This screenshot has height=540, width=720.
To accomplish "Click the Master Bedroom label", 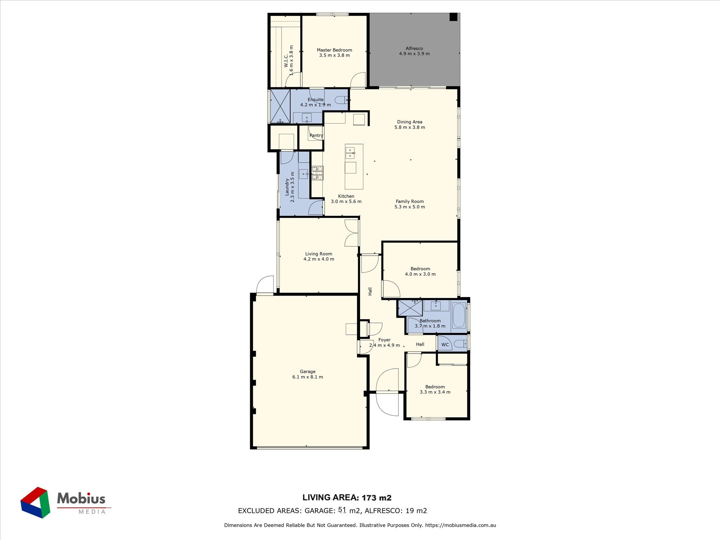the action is click(334, 50).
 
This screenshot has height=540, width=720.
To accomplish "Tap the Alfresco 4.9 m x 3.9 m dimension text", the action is click(414, 54).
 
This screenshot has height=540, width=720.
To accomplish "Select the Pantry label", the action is click(316, 135).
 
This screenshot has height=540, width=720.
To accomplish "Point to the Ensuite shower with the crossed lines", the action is click(280, 106).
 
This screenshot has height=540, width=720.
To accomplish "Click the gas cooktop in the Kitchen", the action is click(317, 173).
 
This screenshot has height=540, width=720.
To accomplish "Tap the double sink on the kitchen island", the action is click(350, 153).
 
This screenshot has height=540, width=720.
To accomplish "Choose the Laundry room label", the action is click(287, 187).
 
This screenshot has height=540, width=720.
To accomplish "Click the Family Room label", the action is click(410, 201).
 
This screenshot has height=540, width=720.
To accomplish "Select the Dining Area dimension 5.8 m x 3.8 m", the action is click(410, 127).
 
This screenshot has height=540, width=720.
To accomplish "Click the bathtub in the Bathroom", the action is click(459, 315).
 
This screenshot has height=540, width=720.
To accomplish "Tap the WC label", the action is click(445, 345).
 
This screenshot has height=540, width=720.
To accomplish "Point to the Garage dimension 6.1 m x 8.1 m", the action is click(307, 377).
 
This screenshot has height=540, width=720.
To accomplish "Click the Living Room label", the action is click(319, 254).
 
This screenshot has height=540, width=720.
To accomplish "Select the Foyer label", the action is click(384, 340).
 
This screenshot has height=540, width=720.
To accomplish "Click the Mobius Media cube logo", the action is click(35, 503).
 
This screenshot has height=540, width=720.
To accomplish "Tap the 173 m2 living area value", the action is click(377, 498).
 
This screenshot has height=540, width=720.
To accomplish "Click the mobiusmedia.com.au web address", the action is click(460, 525).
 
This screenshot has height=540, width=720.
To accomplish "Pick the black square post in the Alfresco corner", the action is click(453, 17).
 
